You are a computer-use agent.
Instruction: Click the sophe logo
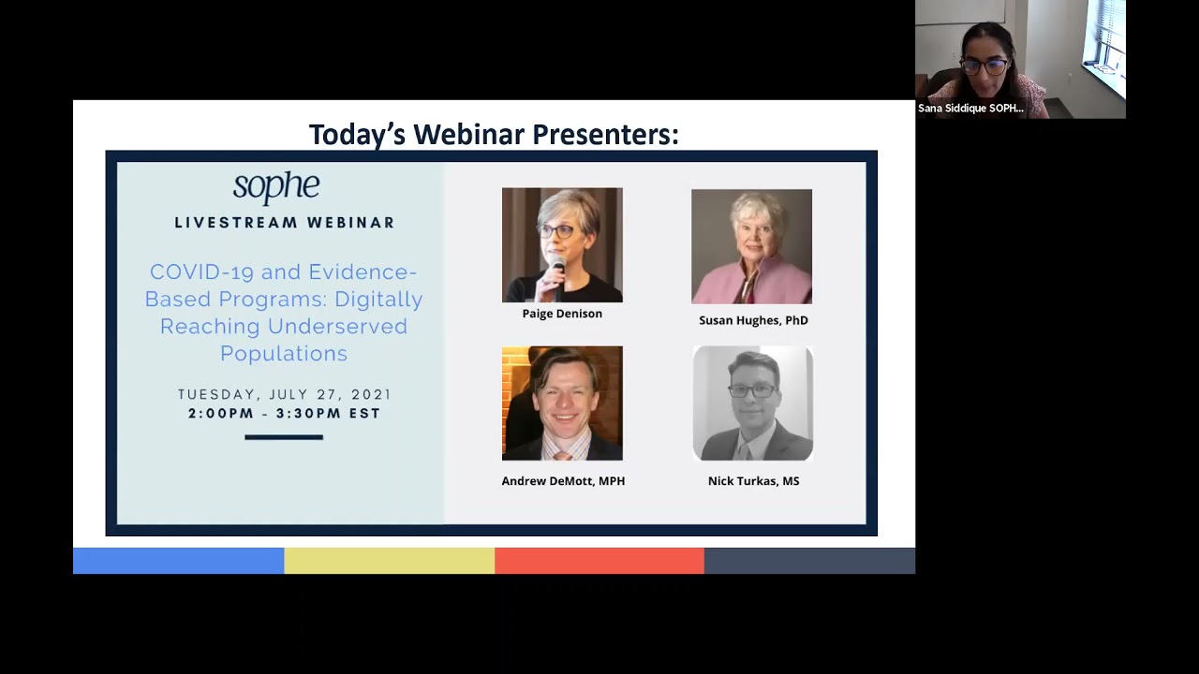(x=276, y=186)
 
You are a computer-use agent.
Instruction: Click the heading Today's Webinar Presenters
(x=494, y=135)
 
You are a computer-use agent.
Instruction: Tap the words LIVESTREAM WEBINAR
(x=285, y=223)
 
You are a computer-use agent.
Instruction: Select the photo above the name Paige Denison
(x=562, y=245)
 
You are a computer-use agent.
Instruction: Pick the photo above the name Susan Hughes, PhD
(x=751, y=247)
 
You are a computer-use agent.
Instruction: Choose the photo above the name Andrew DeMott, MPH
(x=562, y=403)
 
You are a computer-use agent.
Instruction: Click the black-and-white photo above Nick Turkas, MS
(x=753, y=403)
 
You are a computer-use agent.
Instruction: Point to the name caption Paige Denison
(x=562, y=314)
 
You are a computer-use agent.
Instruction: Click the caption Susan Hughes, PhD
(x=753, y=320)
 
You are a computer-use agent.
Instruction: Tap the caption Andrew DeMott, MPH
(x=563, y=481)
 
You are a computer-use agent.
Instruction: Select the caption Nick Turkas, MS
(x=753, y=481)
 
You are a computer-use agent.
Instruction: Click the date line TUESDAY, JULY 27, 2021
(x=285, y=394)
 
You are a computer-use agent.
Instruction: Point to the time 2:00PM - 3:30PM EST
(x=285, y=413)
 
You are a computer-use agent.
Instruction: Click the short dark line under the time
(x=284, y=437)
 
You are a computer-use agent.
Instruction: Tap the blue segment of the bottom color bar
(x=178, y=561)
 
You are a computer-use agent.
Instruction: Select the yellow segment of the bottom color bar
(x=389, y=561)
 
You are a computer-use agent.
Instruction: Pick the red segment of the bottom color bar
(x=599, y=561)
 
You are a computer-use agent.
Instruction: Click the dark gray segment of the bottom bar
(x=809, y=561)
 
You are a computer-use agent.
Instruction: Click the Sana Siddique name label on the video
(x=970, y=109)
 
